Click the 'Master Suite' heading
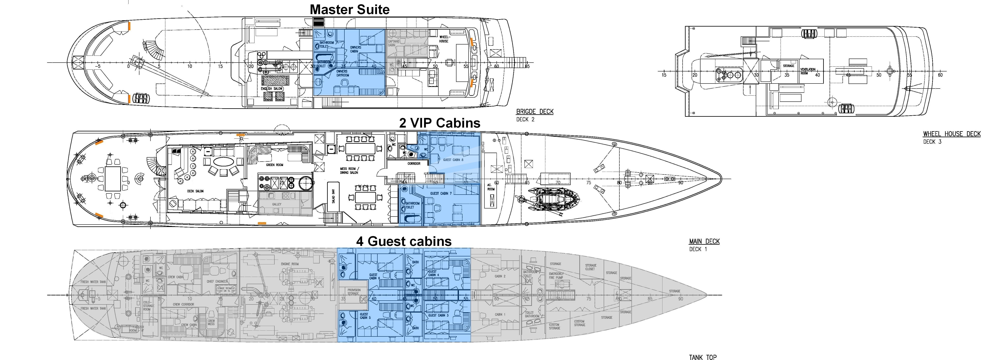point(349,9)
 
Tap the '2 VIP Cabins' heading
point(440,123)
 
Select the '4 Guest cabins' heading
point(404,241)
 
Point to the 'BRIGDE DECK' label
point(535,112)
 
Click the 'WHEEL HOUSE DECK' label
point(952,134)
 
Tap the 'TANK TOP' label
point(702,357)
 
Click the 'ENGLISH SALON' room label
point(272,89)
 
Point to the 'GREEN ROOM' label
point(274,165)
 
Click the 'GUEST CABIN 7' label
point(441,193)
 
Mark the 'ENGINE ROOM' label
point(290,264)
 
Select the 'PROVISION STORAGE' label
point(354,291)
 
